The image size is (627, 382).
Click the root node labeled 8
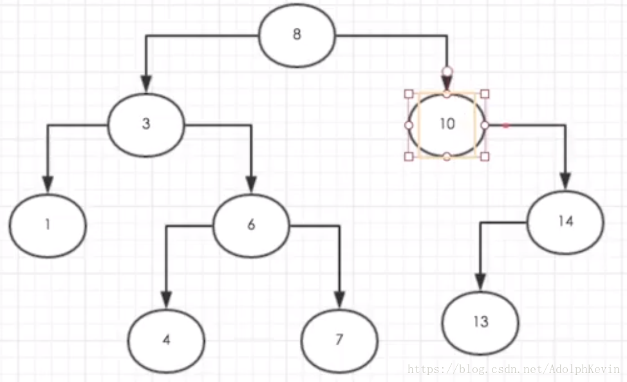pos(297,34)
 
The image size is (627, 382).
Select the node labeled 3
pos(146,124)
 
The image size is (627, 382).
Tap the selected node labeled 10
pos(447,124)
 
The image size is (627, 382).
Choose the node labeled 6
pos(251,224)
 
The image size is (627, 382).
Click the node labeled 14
pos(565,221)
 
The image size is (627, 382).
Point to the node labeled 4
pos(166,339)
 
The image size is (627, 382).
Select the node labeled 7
pos(339,339)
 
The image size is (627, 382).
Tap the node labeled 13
pos(480,322)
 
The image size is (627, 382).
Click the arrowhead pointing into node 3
pos(146,84)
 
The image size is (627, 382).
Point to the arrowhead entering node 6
pos(251,186)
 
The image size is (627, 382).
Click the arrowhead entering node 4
pos(166,300)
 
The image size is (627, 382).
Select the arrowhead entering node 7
pos(339,300)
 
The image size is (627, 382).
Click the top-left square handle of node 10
pos(408,93)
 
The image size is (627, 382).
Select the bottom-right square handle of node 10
pos(485,156)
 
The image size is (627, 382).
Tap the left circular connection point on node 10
pos(408,124)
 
